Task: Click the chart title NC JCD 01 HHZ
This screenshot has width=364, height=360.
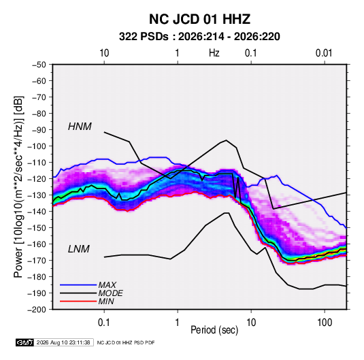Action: (x=199, y=19)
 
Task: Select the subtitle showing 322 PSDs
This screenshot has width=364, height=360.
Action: (x=199, y=37)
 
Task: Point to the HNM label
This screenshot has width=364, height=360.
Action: (x=80, y=127)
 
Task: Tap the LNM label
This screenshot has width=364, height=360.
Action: (x=79, y=249)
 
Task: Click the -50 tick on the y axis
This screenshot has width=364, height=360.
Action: (x=39, y=65)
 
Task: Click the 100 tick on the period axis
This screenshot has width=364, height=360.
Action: (x=325, y=323)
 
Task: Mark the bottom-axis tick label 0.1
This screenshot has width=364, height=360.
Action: (x=104, y=323)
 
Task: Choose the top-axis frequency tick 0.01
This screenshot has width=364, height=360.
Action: (x=324, y=53)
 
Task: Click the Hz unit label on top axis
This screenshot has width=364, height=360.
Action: (x=214, y=53)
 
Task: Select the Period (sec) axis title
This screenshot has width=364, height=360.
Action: (x=214, y=330)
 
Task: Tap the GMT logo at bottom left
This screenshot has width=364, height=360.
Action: (x=24, y=342)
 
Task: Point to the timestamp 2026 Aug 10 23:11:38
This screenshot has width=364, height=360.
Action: (x=63, y=342)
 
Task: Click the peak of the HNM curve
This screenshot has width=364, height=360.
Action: (x=226, y=140)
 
